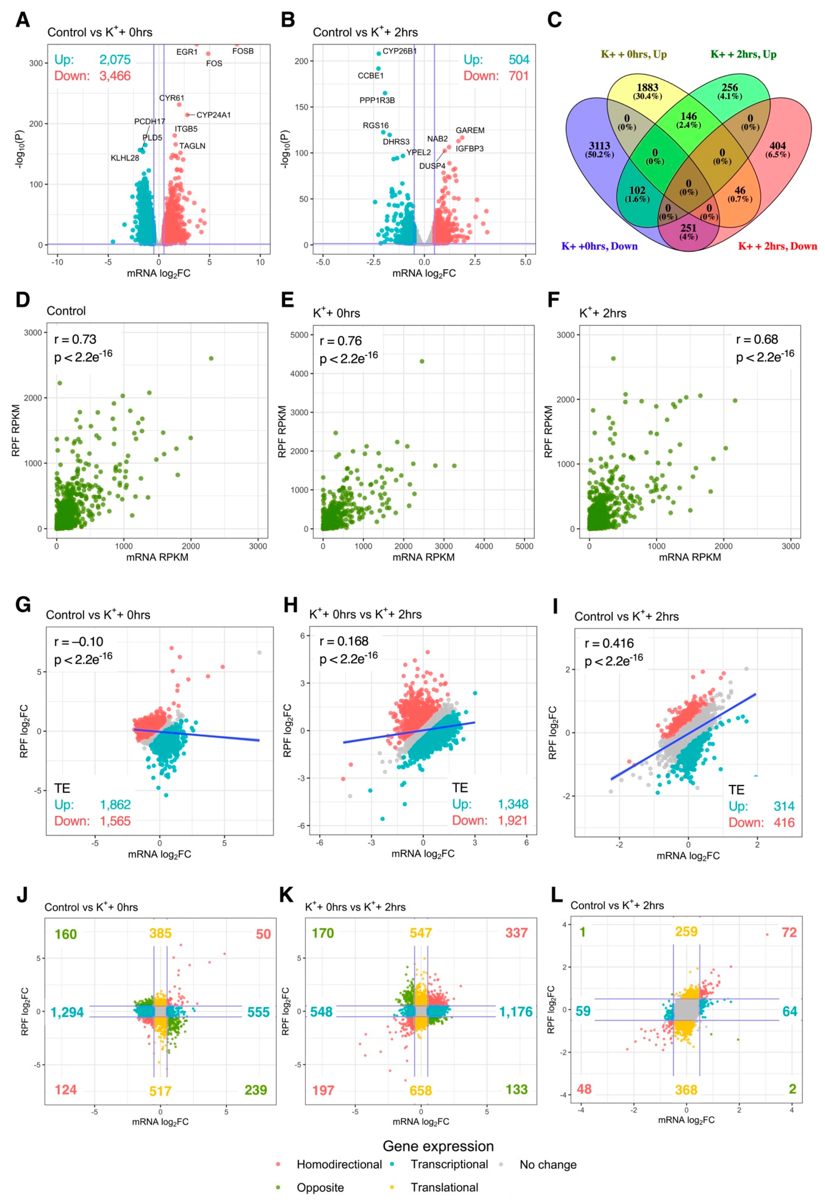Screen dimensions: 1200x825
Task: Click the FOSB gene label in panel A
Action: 243,51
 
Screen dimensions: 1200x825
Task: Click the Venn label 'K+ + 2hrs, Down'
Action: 777,246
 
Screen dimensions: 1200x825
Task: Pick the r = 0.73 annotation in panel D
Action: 75,340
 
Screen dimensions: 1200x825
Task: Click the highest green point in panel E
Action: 422,361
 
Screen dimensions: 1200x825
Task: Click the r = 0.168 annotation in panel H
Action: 344,641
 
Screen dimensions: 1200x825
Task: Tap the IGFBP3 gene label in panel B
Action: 469,149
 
